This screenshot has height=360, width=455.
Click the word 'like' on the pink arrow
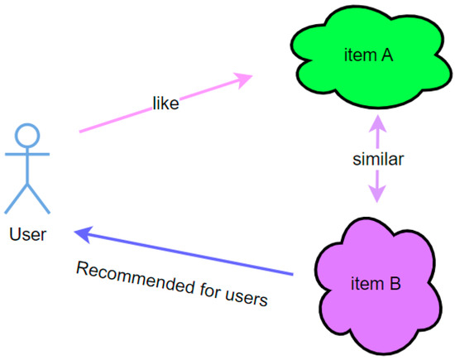coord(165,104)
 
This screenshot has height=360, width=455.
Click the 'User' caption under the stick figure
coord(27,234)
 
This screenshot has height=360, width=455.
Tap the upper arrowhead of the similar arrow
coord(376,124)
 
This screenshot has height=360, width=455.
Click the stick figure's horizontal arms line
coord(29,156)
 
